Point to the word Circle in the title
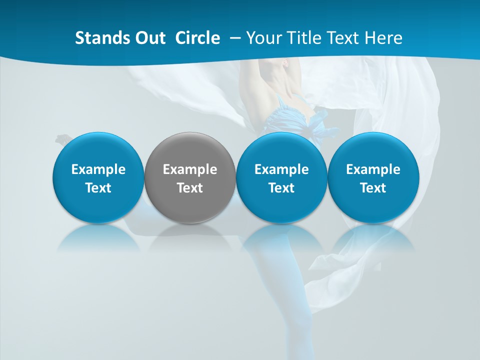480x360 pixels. coord(197,38)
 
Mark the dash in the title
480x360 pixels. coord(235,38)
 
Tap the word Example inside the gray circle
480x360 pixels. coord(190,169)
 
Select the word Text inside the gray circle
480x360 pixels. coord(190,188)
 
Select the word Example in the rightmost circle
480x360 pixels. coord(373,169)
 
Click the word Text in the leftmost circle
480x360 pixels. coord(98,188)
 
